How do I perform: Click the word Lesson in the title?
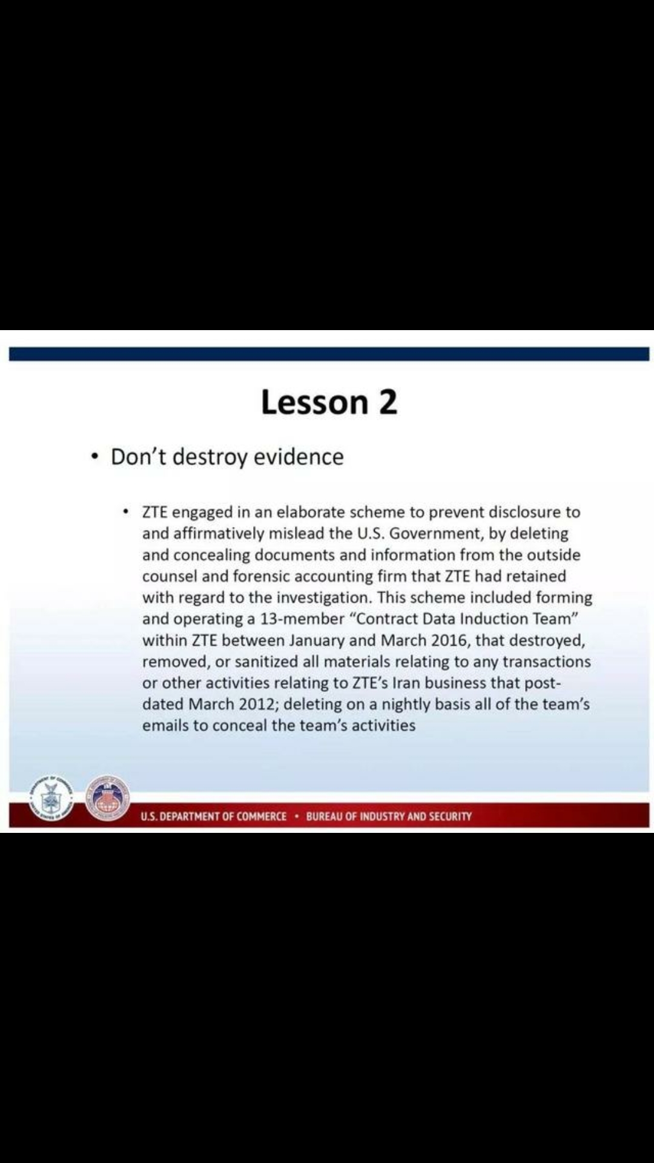click(x=314, y=402)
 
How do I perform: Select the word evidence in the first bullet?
click(x=299, y=457)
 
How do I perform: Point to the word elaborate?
click(x=311, y=512)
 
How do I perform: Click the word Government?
click(x=434, y=534)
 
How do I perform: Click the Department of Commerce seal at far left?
click(x=51, y=798)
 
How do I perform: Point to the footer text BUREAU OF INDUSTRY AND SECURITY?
click(x=389, y=817)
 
